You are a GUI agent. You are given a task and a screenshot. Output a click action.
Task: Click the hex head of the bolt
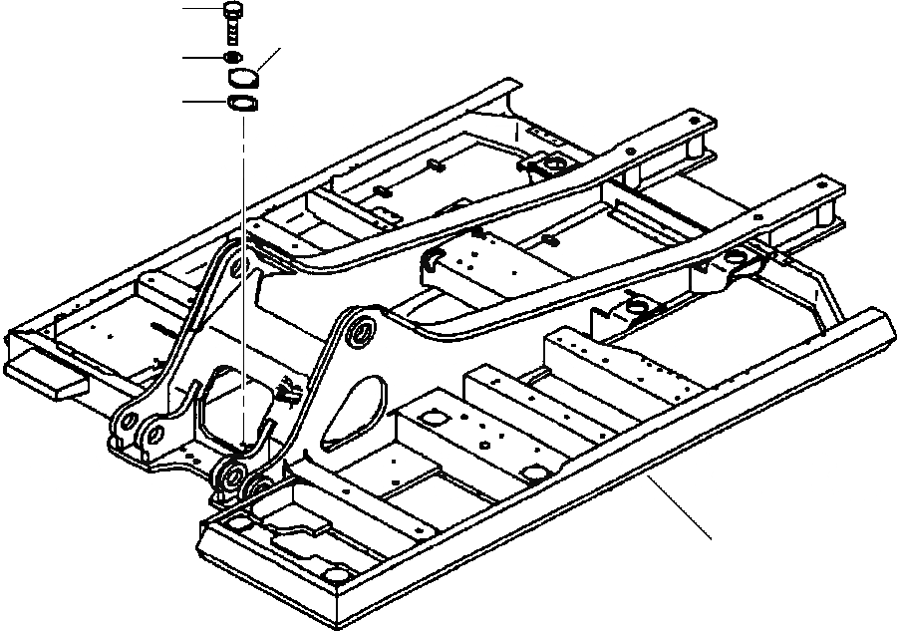point(232,11)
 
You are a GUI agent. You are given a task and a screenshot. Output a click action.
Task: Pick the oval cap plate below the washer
point(241,78)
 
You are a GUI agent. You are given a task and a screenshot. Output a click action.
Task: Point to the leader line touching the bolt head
point(204,8)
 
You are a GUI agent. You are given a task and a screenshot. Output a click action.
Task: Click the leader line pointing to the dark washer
point(202,59)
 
